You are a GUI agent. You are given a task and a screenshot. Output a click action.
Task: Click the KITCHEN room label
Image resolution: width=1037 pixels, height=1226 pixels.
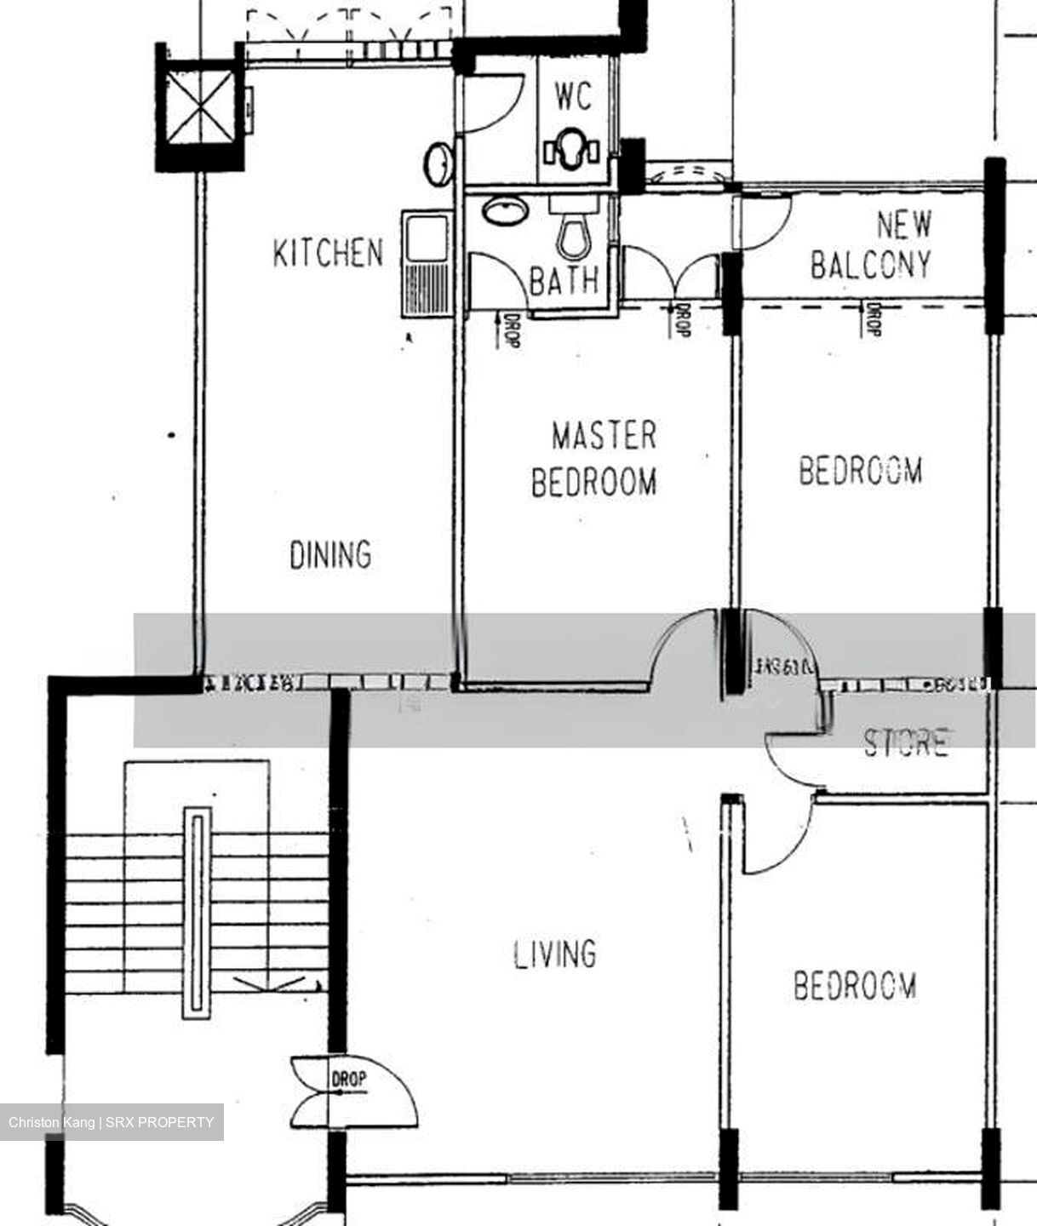point(328,253)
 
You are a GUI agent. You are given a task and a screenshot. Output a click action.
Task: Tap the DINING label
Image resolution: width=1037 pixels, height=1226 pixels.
point(330,555)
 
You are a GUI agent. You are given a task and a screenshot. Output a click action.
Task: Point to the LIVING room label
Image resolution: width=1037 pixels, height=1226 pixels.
point(555,954)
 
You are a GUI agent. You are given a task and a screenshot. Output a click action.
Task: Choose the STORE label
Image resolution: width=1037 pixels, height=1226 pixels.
point(906,742)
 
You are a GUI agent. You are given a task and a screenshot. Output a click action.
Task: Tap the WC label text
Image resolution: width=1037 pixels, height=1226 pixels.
point(573,96)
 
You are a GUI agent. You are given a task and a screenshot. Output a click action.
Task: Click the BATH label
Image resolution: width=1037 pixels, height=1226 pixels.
point(564,279)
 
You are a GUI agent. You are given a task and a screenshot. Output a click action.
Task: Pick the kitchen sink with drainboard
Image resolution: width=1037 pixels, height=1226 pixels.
point(426,264)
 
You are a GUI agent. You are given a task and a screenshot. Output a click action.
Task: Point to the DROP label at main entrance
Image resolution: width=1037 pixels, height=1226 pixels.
point(349,1080)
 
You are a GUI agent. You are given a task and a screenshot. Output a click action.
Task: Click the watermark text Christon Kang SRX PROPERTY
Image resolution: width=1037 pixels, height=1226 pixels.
point(112,1122)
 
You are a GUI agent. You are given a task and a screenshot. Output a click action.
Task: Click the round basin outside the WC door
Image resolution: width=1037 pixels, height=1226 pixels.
point(439,163)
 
